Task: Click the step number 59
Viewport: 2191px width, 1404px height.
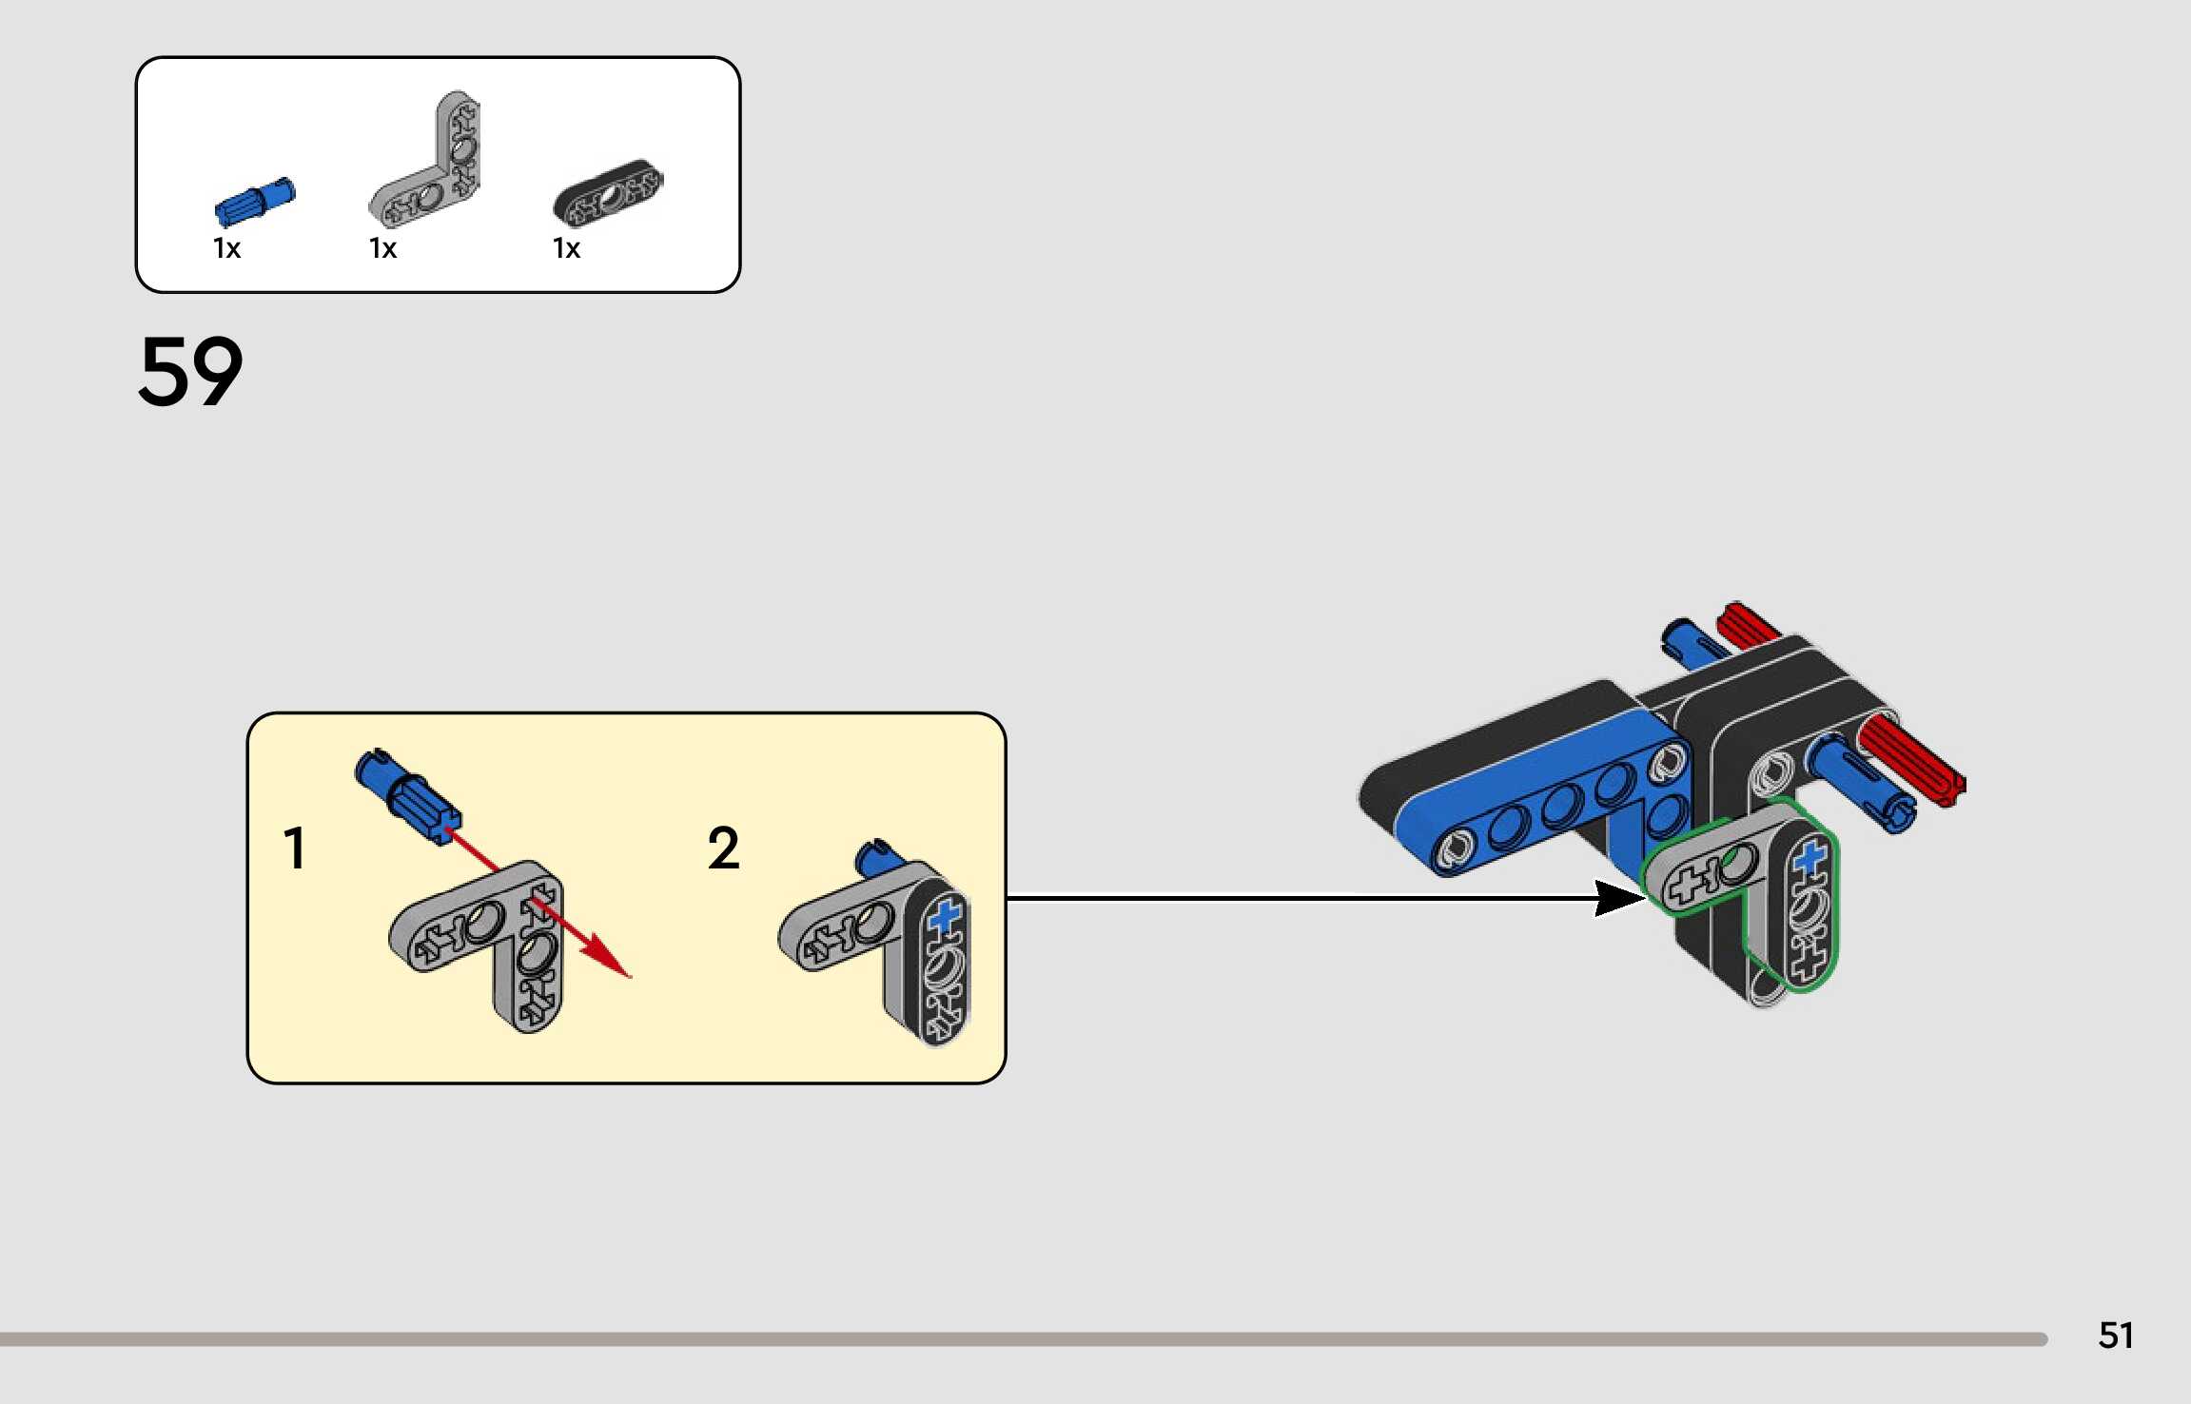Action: point(190,371)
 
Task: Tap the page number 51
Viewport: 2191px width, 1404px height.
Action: point(2116,1336)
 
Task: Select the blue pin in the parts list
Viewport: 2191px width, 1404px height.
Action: point(255,202)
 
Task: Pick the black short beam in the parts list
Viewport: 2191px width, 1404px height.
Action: point(609,193)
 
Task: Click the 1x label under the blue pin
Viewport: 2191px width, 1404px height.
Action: point(226,249)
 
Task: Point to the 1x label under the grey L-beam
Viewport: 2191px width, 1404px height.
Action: point(382,249)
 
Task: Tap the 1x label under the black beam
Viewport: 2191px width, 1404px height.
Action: point(566,249)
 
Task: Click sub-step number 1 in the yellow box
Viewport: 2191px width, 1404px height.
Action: point(295,848)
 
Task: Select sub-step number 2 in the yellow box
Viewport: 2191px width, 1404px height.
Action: point(723,848)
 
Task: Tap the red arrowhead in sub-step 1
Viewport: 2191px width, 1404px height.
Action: point(609,959)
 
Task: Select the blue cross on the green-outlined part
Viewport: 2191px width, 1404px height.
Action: point(1810,857)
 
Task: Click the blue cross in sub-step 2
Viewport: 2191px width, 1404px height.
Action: point(945,918)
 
